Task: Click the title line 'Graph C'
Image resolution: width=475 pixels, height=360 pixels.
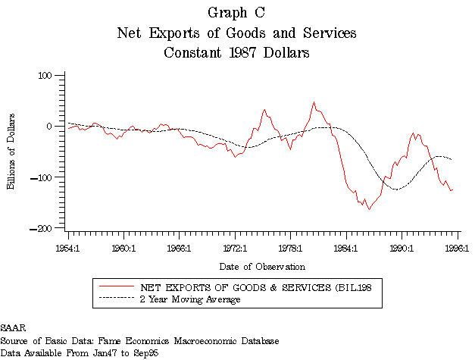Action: [236, 13]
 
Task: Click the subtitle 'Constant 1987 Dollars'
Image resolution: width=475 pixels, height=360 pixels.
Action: [236, 53]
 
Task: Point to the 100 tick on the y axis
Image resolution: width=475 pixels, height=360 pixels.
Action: [50, 75]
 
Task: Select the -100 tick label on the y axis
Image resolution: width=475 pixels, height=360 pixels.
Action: [48, 177]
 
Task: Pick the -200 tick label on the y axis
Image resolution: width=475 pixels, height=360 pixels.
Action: [48, 228]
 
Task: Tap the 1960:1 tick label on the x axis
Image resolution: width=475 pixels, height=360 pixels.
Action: [123, 247]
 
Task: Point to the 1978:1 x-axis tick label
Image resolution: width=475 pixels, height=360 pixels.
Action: [290, 247]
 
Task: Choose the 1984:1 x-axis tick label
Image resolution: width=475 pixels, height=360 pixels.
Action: [345, 247]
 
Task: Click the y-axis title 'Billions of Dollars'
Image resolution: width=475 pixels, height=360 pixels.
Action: [12, 152]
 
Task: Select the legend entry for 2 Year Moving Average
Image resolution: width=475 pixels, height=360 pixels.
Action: [190, 300]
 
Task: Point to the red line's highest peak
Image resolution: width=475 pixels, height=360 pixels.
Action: [314, 102]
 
